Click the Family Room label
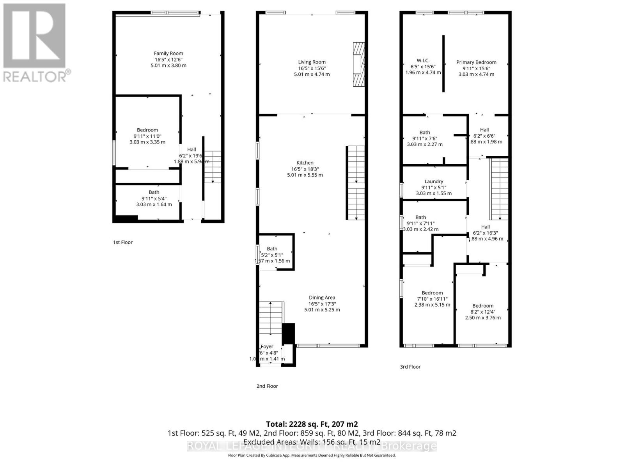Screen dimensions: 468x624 click(x=168, y=53)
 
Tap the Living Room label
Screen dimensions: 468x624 click(x=312, y=62)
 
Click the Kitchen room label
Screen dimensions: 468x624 click(x=305, y=163)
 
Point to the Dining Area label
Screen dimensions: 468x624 click(x=322, y=298)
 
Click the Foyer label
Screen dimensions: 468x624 click(x=267, y=346)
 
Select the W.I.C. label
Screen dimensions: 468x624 click(x=423, y=60)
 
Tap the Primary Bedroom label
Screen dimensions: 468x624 click(x=476, y=62)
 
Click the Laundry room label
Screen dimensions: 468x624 click(x=434, y=181)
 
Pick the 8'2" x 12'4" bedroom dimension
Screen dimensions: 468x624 click(x=483, y=312)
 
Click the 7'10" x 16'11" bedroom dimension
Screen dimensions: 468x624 click(x=432, y=299)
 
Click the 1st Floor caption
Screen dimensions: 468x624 click(x=123, y=242)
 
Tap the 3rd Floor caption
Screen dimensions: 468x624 click(x=410, y=367)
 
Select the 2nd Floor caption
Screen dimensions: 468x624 click(x=267, y=386)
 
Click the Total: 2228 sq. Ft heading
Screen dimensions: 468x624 click(x=312, y=424)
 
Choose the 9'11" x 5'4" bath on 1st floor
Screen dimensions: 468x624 click(x=154, y=198)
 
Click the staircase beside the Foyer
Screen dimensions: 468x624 click(x=271, y=318)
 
